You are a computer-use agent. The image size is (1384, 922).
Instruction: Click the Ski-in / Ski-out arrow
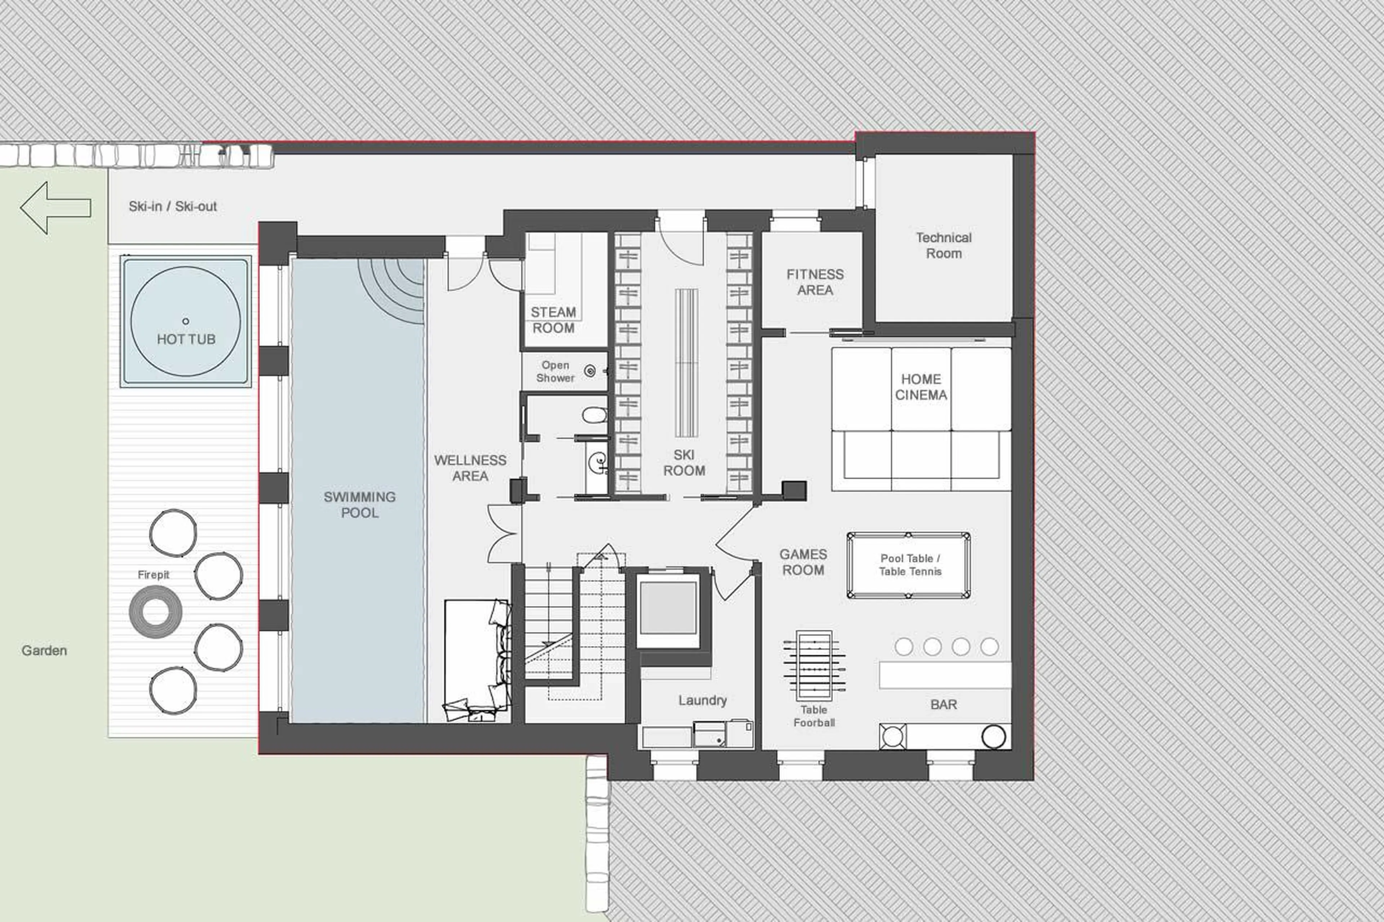pyautogui.click(x=55, y=208)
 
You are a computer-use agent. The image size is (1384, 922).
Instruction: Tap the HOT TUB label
pyautogui.click(x=186, y=339)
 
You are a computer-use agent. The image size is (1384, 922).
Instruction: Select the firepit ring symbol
pyautogui.click(x=155, y=611)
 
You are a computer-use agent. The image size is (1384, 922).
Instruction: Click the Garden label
pyautogui.click(x=44, y=650)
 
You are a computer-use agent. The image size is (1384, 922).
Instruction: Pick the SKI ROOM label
pyautogui.click(x=684, y=463)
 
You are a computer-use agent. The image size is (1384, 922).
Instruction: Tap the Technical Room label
pyautogui.click(x=944, y=245)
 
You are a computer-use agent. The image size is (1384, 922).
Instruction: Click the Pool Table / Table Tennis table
pyautogui.click(x=909, y=565)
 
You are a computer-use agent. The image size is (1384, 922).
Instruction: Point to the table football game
pyautogui.click(x=814, y=665)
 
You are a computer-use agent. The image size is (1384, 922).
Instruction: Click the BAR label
pyautogui.click(x=944, y=704)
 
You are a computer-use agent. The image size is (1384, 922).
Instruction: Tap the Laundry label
pyautogui.click(x=702, y=700)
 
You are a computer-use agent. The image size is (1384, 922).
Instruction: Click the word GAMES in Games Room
pyautogui.click(x=803, y=554)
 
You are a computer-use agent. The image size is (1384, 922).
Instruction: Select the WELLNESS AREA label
pyautogui.click(x=470, y=468)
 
